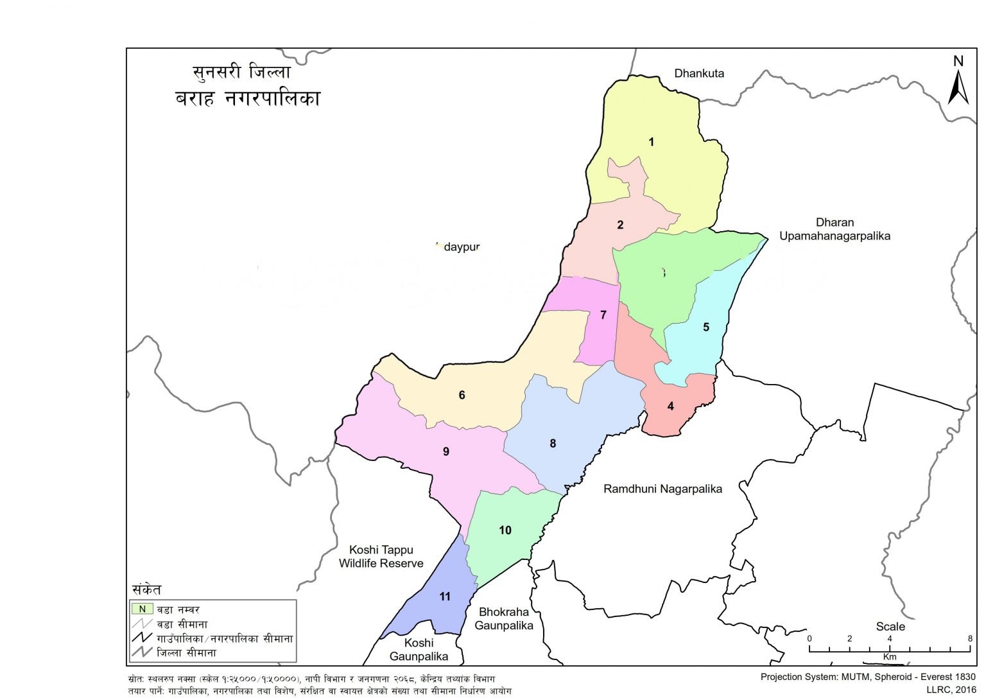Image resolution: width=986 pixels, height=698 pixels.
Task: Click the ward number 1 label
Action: tap(651, 142)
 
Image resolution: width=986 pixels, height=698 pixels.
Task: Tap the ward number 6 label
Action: tap(462, 395)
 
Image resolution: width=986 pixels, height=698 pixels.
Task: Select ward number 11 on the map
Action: tap(445, 597)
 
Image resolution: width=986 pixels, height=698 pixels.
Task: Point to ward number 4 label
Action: tap(671, 406)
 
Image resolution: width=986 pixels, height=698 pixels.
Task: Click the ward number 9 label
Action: tap(446, 451)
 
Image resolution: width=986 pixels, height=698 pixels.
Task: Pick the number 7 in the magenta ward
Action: tap(603, 315)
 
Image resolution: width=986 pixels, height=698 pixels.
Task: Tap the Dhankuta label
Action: tap(699, 73)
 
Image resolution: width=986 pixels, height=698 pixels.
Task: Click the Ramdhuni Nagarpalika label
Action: tap(662, 489)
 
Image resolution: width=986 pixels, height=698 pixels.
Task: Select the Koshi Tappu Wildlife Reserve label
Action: tap(381, 557)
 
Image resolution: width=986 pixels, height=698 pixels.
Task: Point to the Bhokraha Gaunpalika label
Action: tap(504, 618)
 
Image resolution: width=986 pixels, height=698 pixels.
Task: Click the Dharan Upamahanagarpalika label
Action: tap(835, 229)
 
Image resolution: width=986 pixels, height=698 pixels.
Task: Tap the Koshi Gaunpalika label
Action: tap(419, 649)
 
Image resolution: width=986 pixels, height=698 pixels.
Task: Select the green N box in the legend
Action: tap(143, 609)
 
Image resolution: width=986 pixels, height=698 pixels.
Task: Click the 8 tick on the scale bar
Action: tap(970, 638)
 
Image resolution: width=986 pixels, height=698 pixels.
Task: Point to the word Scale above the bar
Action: tap(890, 626)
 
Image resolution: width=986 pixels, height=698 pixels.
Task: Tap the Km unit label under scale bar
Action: tap(889, 657)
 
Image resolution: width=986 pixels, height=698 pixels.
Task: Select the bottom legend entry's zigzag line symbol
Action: tap(141, 652)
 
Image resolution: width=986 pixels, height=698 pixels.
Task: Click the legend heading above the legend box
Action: tap(147, 589)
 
